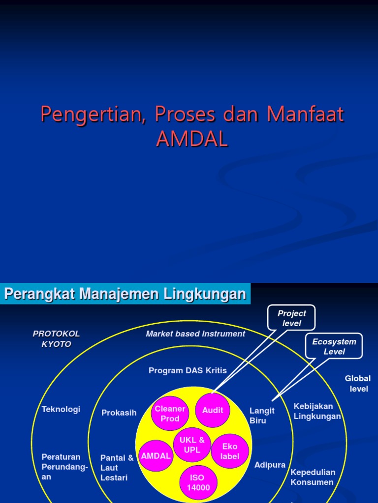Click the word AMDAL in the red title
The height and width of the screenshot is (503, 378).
192,140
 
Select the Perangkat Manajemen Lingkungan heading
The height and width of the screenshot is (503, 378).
125,294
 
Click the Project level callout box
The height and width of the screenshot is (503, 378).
291,318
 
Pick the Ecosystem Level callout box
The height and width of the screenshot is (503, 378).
334,346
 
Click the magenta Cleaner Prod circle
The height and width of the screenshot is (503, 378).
170,414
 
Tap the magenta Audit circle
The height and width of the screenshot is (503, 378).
213,410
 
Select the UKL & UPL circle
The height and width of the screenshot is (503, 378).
192,445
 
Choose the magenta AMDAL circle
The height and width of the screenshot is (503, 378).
156,455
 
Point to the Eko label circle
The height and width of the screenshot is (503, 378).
229,451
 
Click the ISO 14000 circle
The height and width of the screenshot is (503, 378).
198,482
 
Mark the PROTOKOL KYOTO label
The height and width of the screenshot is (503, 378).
56,339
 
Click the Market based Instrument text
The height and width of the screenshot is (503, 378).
195,334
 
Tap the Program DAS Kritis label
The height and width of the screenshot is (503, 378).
188,370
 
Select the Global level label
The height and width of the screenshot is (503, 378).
358,384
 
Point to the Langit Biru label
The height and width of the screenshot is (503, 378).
262,416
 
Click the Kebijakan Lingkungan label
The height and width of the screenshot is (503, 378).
317,411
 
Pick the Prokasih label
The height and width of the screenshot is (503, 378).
119,413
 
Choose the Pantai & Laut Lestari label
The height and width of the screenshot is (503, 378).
117,468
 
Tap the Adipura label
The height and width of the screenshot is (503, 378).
270,465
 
